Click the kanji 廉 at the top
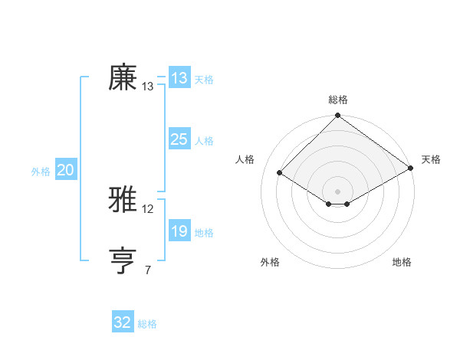click(x=123, y=77)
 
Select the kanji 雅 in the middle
click(x=123, y=199)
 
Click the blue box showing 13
click(x=179, y=78)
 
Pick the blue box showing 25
click(x=179, y=139)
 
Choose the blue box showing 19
click(x=179, y=231)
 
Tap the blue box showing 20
click(x=65, y=171)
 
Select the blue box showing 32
click(x=123, y=322)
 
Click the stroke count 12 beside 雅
click(x=148, y=208)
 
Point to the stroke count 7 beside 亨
click(x=148, y=270)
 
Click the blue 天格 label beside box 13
click(x=204, y=80)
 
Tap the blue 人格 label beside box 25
click(x=204, y=141)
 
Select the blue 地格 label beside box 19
click(x=204, y=233)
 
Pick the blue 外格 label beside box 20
click(x=41, y=172)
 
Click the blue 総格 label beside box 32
click(x=147, y=324)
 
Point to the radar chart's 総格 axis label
click(x=337, y=100)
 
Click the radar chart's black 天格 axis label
click(x=431, y=159)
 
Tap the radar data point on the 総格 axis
click(x=337, y=116)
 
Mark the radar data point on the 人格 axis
click(x=280, y=173)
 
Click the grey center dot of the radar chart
click(x=337, y=191)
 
